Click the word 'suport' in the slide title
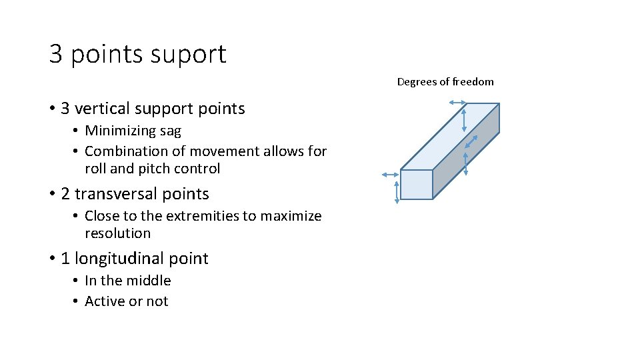click(x=193, y=54)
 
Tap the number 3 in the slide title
click(x=56, y=54)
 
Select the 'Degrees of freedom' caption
click(x=445, y=81)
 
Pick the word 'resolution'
click(x=118, y=233)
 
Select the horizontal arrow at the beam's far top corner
click(x=457, y=102)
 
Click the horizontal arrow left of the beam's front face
click(x=389, y=175)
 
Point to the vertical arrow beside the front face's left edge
click(x=397, y=191)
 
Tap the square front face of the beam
click(x=417, y=185)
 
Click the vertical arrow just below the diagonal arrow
click(x=465, y=162)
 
